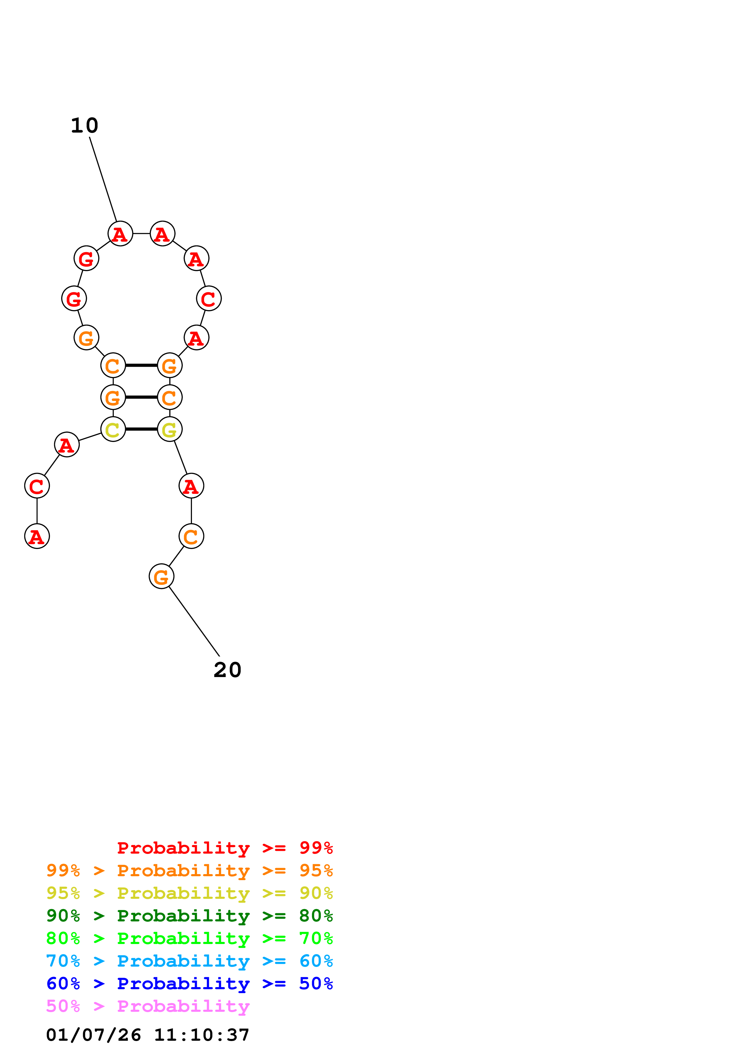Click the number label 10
click(84, 126)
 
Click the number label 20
click(228, 670)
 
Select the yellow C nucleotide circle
click(113, 429)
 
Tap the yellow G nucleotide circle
click(170, 429)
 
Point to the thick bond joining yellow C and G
click(141, 429)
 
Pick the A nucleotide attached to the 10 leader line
click(120, 234)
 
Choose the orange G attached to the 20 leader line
click(162, 576)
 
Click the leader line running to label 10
click(103, 180)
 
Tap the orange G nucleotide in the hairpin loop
click(86, 337)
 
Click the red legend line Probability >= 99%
click(224, 848)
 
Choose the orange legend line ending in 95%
click(190, 870)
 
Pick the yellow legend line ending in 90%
click(190, 893)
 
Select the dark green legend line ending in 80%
click(190, 916)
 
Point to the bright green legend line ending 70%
click(190, 938)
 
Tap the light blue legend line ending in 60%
click(190, 961)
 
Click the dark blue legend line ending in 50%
click(190, 983)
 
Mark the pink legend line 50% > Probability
click(148, 1006)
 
